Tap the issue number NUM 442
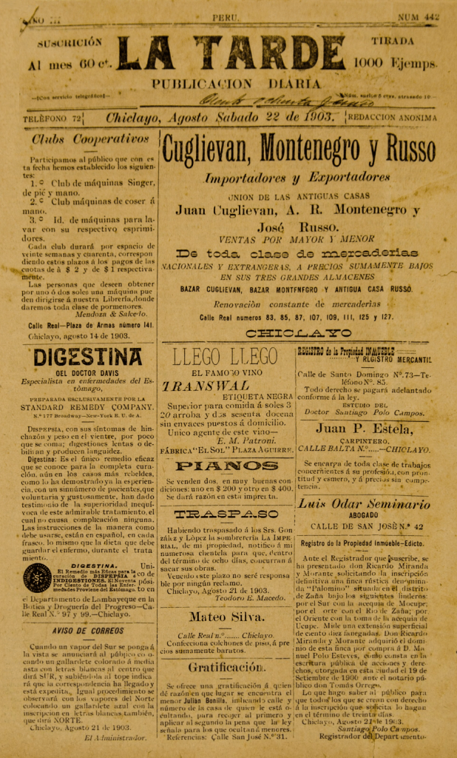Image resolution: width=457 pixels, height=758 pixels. coord(418,16)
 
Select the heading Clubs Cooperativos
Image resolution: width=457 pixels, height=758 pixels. coord(91,138)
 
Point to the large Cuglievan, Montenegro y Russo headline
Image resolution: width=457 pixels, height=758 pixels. coord(298,150)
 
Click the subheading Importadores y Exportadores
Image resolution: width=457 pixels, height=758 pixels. coord(297,178)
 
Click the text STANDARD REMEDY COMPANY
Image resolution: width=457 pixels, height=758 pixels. coord(87,406)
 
